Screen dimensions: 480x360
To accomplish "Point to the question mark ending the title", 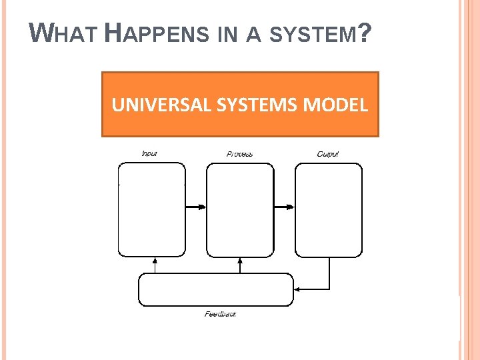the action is tap(364, 32).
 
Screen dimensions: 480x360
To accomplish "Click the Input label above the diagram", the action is tap(149, 154).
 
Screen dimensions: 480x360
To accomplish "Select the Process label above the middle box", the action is tap(239, 154).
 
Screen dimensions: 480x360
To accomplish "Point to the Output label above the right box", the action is tap(328, 154).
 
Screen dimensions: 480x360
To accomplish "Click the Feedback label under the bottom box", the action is tap(220, 314).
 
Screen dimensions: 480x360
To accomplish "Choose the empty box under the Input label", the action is tap(152, 209).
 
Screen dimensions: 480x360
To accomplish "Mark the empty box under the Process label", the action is tap(240, 209).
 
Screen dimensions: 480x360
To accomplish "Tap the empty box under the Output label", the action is tap(329, 209).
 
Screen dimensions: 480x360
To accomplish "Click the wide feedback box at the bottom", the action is tap(215, 289).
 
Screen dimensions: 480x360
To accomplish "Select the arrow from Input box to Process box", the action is tap(196, 207).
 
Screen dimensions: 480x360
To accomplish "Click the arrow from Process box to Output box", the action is tap(284, 207).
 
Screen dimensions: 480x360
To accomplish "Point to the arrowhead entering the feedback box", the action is tap(297, 289).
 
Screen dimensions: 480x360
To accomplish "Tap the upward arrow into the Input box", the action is tap(155, 265).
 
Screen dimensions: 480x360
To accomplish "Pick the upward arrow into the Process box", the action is tap(240, 265).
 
